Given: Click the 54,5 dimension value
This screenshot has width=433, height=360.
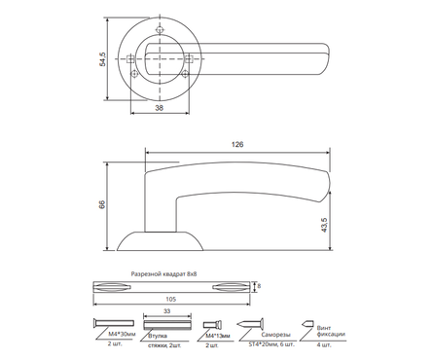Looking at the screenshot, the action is pyautogui.click(x=103, y=59).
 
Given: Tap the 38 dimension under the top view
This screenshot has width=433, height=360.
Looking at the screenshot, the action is pyautogui.click(x=159, y=108).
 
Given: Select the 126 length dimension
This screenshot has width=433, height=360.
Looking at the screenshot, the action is pyautogui.click(x=237, y=145).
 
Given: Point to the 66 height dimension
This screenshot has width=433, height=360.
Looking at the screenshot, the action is pyautogui.click(x=102, y=204).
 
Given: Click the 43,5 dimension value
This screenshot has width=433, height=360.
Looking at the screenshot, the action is pyautogui.click(x=324, y=225).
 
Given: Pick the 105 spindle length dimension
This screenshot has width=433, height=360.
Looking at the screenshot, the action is pyautogui.click(x=171, y=299).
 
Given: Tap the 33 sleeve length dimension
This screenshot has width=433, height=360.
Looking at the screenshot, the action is pyautogui.click(x=167, y=311).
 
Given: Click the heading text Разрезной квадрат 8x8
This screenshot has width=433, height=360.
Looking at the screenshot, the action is pyautogui.click(x=164, y=274).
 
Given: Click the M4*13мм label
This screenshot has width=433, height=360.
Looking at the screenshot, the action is pyautogui.click(x=218, y=336).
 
